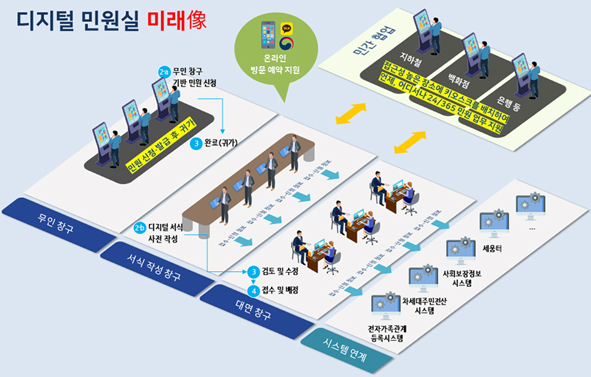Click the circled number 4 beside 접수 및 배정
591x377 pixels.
pyautogui.click(x=254, y=289)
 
